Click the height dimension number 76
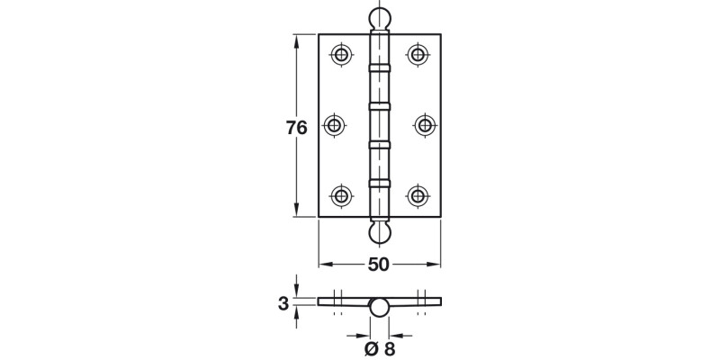pos(297,128)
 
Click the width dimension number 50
pos(379,265)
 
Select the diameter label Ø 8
pos(380,349)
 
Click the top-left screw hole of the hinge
pos(341,55)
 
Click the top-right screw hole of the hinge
pos(418,55)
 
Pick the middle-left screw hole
pos(335,125)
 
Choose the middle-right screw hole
pos(424,125)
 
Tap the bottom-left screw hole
pos(341,194)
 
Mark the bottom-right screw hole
pos(418,194)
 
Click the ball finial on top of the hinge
pos(380,19)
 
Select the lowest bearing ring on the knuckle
pos(380,184)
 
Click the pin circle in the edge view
pos(380,308)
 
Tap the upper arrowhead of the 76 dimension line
pos(296,40)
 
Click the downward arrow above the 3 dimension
pos(296,290)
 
